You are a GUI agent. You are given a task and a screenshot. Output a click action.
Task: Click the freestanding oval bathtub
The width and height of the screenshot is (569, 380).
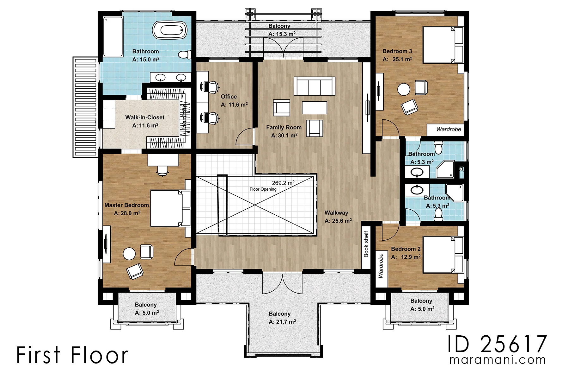tap(170, 30)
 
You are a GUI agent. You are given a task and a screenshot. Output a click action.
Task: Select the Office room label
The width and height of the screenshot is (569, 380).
tap(229, 97)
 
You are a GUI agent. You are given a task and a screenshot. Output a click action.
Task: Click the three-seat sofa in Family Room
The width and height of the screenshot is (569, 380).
tap(315, 86)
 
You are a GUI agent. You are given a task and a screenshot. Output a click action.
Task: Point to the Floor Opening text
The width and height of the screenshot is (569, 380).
tap(263, 189)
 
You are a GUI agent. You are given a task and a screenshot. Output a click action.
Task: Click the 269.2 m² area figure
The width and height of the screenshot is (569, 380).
tap(283, 183)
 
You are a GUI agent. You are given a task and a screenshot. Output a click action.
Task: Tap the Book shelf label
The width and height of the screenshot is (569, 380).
tap(366, 244)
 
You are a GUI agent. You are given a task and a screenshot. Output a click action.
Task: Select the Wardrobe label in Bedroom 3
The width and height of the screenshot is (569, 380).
tap(449, 129)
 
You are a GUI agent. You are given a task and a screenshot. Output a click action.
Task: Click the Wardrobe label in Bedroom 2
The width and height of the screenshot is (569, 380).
tap(381, 266)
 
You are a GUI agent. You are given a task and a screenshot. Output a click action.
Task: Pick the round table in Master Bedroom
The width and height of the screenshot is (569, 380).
tap(129, 254)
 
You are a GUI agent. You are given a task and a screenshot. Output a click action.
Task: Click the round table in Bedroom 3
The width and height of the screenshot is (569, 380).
tap(404, 89)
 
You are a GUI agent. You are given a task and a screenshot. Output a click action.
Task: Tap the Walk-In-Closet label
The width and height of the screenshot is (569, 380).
tap(145, 117)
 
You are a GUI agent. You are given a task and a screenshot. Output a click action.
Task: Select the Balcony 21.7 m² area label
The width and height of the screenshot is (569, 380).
tap(282, 322)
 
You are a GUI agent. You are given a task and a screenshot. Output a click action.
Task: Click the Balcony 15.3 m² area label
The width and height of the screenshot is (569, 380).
tap(282, 34)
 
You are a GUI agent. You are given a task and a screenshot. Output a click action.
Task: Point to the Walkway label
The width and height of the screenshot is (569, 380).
tap(336, 213)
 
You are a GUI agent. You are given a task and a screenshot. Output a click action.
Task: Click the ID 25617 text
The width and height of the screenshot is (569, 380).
tap(497, 344)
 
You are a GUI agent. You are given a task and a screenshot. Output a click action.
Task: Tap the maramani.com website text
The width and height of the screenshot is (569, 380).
tap(498, 360)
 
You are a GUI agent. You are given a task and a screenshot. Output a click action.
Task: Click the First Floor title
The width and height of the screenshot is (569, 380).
tap(72, 355)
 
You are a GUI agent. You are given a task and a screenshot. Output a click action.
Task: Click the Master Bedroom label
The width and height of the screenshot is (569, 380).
tap(127, 205)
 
